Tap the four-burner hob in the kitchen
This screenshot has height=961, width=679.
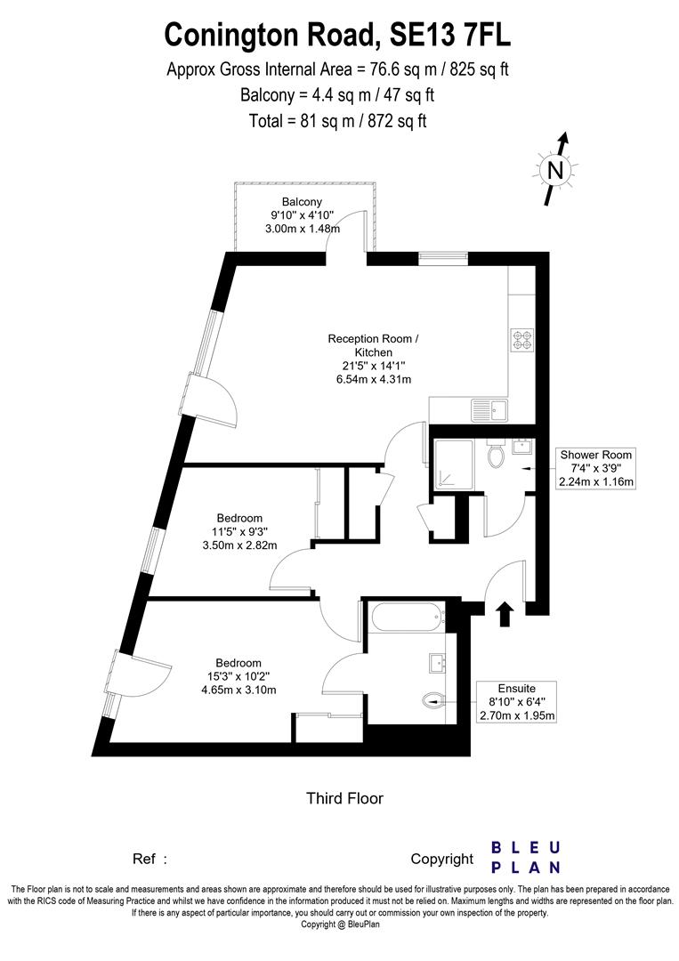pos(521,339)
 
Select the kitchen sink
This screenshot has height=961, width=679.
pos(489,411)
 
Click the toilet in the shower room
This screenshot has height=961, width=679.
pos(497,456)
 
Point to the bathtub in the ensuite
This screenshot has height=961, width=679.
pos(405,615)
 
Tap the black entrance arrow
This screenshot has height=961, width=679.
pos(505,612)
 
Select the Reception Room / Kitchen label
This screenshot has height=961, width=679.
pos(371,345)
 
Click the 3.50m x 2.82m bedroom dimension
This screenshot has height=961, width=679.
pos(239,545)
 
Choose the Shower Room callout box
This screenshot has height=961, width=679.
pos(595,468)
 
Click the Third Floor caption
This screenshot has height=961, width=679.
pos(344,798)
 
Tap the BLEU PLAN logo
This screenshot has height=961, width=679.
pos(527,857)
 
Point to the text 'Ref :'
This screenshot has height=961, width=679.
pos(150,859)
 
